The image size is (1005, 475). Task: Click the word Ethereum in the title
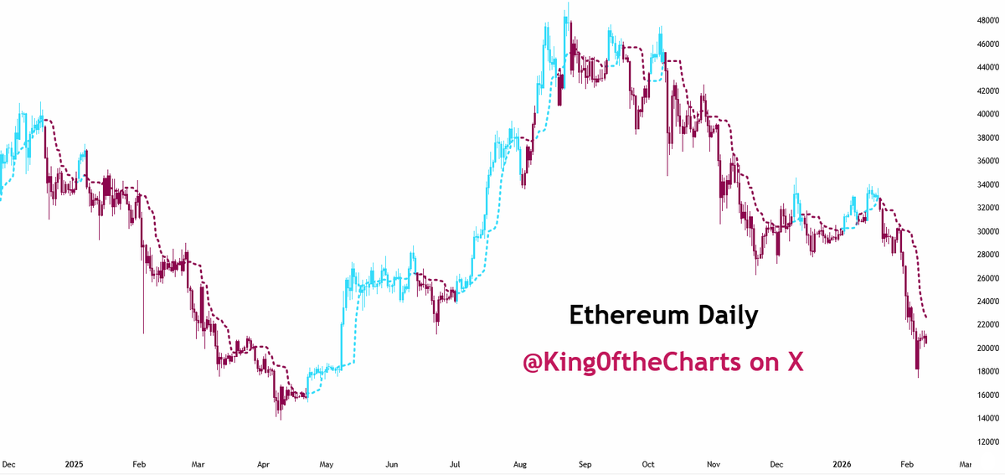click(x=621, y=315)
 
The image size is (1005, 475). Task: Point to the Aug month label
click(x=519, y=463)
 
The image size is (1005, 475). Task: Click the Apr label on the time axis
click(x=263, y=463)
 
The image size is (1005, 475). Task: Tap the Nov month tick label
click(x=714, y=463)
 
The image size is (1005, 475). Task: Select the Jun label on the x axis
click(x=390, y=463)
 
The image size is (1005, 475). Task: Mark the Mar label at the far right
click(x=965, y=463)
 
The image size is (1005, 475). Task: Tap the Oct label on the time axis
click(x=649, y=463)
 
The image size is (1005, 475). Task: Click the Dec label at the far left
click(x=9, y=463)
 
